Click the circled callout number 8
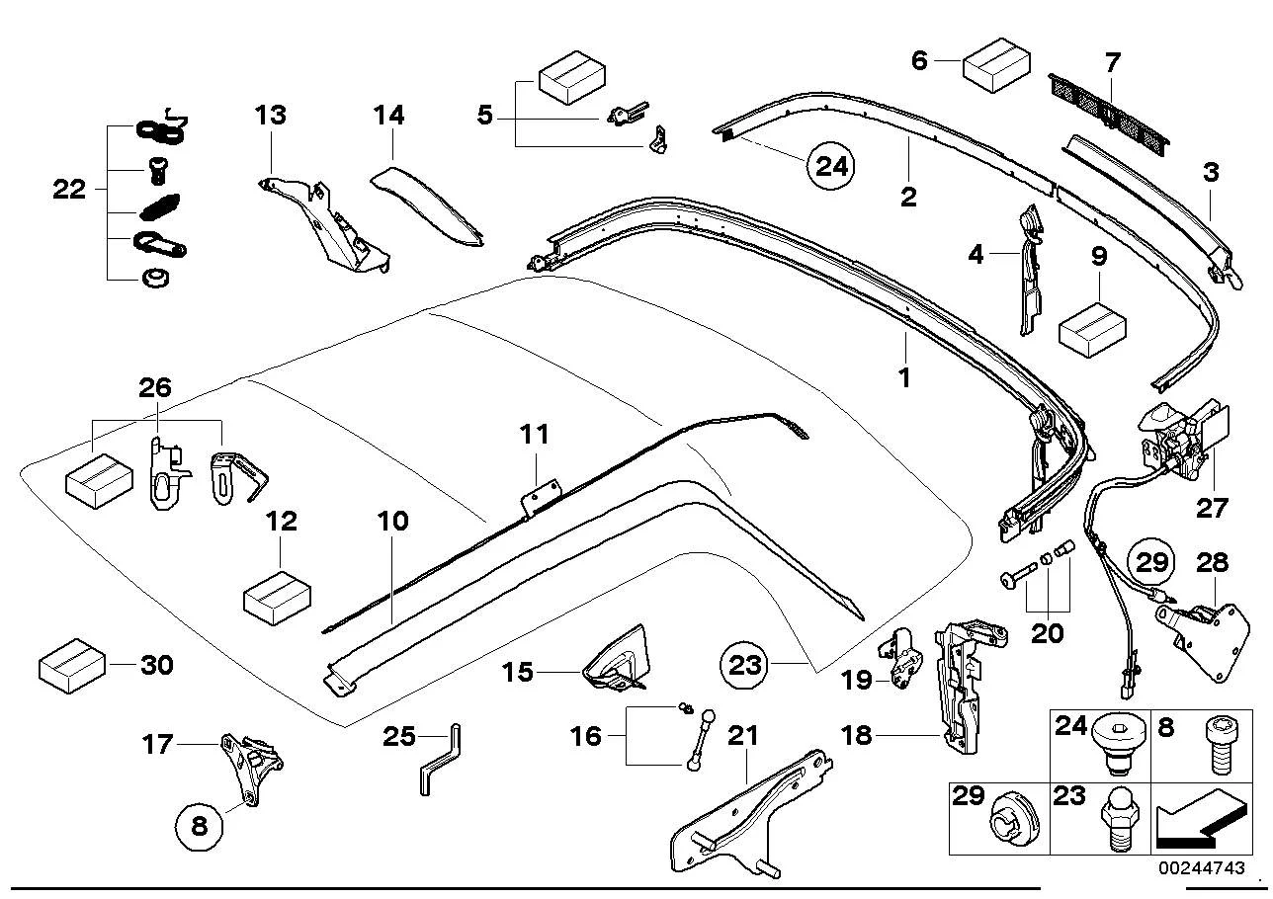pos(199,826)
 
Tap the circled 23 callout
pos(744,665)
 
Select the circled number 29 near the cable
pos(1152,562)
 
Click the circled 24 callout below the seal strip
pos(831,166)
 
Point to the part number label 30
pos(156,665)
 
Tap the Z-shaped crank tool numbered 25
pos(441,759)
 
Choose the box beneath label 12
pos(277,598)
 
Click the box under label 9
pos(1092,330)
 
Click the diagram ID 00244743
pos(1202,867)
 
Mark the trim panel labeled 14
pos(427,205)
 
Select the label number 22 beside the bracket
pos(69,189)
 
